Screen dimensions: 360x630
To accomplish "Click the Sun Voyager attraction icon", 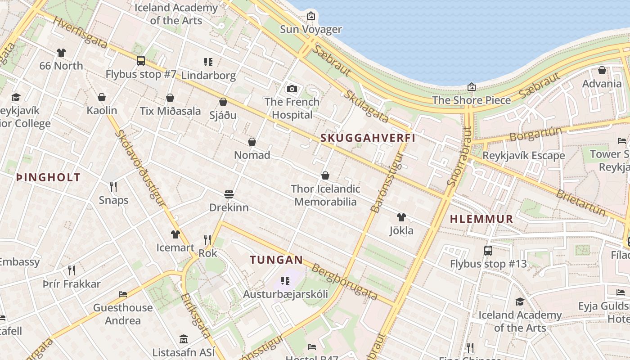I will pos(310,16).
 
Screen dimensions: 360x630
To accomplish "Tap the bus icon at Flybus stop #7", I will pos(141,60).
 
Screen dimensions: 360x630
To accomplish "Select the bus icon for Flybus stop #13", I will pos(488,250).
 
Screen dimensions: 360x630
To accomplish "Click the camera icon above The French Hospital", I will pos(292,89).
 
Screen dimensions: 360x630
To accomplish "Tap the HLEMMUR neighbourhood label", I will pos(481,219).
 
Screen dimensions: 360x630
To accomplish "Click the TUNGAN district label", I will pos(276,260).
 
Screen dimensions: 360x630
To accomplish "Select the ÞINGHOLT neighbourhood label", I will pos(48,177).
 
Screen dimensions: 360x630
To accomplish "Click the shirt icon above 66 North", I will pos(61,53).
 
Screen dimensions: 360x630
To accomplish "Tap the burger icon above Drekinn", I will pos(229,194).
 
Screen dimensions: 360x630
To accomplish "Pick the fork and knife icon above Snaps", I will pos(113,186).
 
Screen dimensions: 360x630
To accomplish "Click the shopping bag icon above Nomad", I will pos(252,142).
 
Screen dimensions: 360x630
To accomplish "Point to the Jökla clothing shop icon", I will pos(401,217).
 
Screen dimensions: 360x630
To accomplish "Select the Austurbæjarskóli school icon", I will pos(285,281).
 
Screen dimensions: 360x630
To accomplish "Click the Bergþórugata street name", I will pos(344,282).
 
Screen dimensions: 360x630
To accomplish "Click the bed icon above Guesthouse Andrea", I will pos(123,294).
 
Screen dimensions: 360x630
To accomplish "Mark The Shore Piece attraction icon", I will pos(472,86).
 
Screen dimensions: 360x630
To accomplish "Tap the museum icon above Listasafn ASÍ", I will pos(183,338).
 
